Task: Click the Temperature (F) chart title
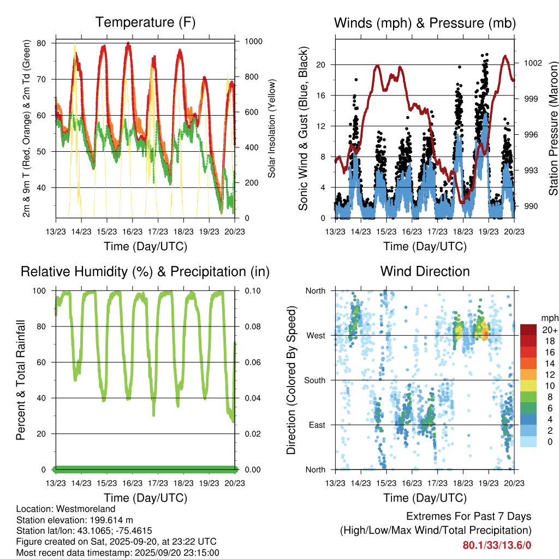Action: [x=145, y=22]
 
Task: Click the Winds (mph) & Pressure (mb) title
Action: [x=425, y=23]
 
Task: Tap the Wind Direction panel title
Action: [x=425, y=271]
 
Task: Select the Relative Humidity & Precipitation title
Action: [x=145, y=271]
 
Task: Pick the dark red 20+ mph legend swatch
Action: [x=528, y=330]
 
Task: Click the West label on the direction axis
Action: [x=316, y=335]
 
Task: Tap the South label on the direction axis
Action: [x=315, y=380]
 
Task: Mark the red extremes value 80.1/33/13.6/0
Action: [x=497, y=545]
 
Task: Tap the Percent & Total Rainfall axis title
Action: [x=21, y=380]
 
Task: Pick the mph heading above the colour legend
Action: [x=549, y=318]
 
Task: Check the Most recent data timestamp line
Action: [x=118, y=552]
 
